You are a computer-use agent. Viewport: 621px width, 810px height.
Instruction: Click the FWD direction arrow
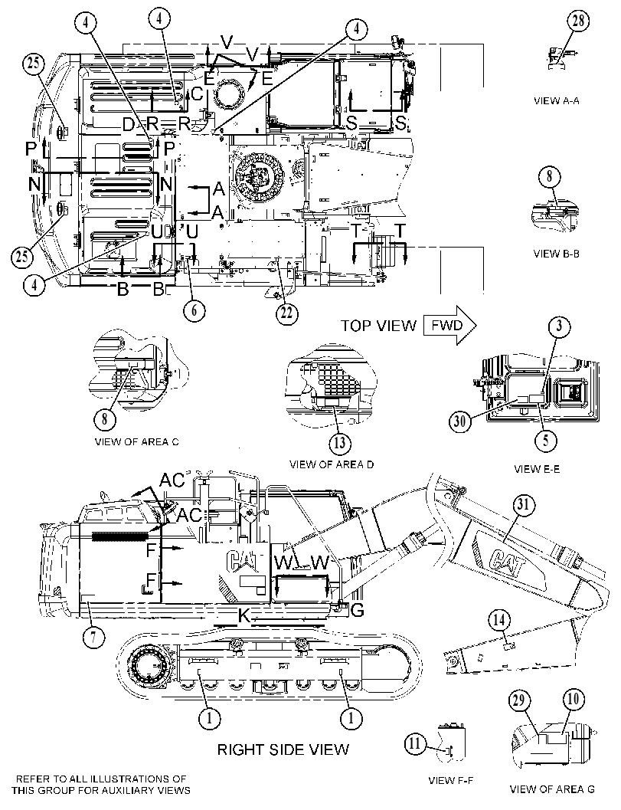click(449, 326)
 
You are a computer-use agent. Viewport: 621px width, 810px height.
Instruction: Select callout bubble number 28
click(579, 21)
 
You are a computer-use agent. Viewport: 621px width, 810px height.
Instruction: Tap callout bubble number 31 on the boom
click(524, 506)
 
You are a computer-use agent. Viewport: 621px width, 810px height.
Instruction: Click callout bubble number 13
click(340, 443)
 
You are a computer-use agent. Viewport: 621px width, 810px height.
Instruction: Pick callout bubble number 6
click(194, 310)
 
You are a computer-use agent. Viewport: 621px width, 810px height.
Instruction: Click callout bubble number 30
click(460, 421)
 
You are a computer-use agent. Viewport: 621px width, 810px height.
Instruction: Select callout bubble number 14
click(499, 620)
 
